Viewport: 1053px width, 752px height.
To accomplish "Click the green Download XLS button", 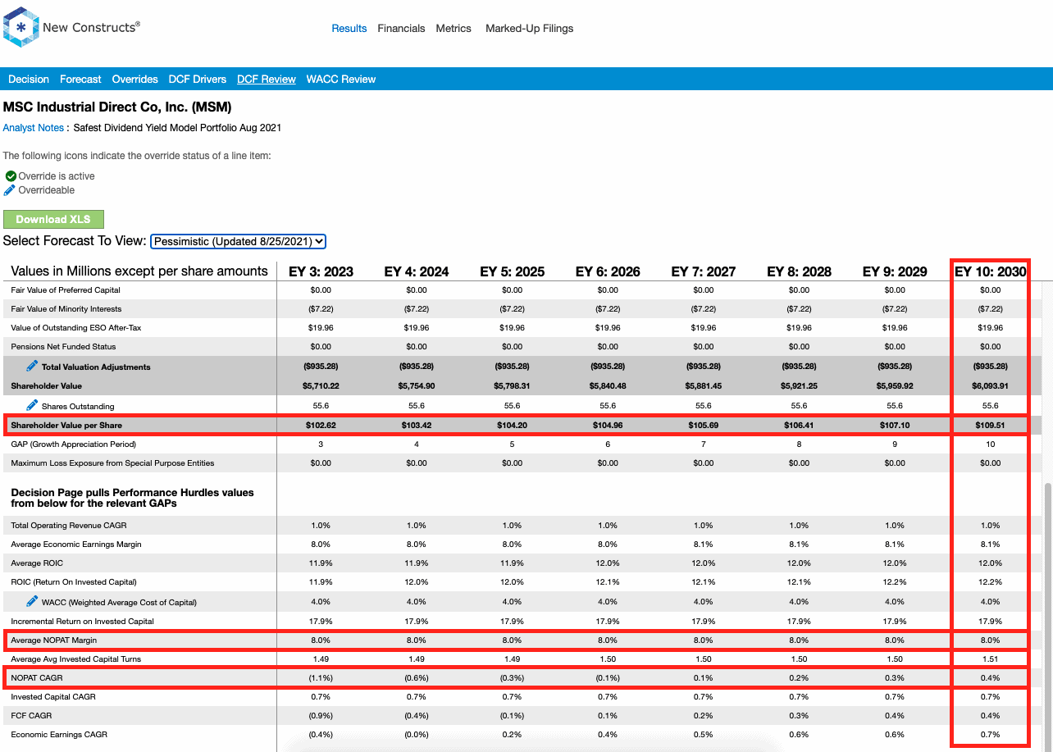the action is coord(53,219).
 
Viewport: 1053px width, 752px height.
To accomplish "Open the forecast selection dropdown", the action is coord(238,241).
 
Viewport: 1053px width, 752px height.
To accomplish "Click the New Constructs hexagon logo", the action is coord(21,27).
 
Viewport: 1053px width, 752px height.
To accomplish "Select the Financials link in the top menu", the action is coord(401,28).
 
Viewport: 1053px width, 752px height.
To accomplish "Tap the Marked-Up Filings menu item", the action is coord(529,28).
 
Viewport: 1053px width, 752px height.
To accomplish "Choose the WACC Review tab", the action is coord(341,79).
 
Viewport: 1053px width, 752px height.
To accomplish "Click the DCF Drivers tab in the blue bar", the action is coord(198,79).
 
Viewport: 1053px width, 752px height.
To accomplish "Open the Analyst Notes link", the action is coord(33,128).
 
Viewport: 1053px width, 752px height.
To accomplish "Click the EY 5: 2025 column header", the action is coord(512,271).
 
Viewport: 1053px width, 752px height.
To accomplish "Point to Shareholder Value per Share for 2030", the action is coord(990,425).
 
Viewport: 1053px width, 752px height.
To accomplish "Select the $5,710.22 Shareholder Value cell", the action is coord(321,386).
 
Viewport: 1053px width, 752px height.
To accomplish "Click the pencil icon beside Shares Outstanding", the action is coord(32,404).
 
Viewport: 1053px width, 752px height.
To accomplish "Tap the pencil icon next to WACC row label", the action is coord(32,601).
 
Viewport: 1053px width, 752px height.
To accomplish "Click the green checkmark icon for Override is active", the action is coord(11,176).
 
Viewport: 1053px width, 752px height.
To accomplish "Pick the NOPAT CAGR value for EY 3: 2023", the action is coord(321,677).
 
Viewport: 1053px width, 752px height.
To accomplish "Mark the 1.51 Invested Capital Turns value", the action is coord(990,659).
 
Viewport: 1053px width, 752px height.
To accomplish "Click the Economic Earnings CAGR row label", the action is coord(59,734).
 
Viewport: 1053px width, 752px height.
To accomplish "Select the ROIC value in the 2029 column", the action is coord(895,582).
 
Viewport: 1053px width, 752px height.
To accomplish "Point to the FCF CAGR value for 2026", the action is coord(608,715).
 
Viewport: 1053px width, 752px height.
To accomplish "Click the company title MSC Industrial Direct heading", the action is coord(117,107).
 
